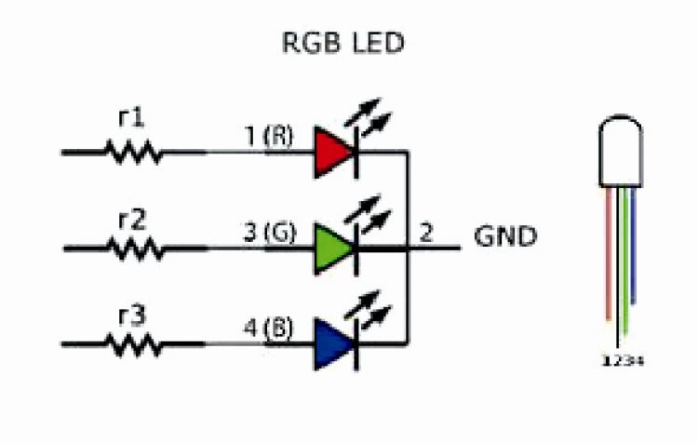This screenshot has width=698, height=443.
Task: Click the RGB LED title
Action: (x=343, y=43)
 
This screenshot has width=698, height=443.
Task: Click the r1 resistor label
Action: (x=131, y=117)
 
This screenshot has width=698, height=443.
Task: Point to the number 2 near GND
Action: (x=426, y=233)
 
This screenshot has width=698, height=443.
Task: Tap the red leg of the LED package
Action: (x=607, y=251)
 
